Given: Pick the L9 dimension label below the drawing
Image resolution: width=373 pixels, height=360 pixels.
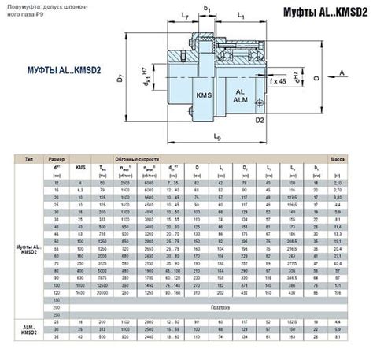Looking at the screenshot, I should coord(216,139).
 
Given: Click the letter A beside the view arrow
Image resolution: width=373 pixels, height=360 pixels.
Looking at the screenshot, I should coord(343,72).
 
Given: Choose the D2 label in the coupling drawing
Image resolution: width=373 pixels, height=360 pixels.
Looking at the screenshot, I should coord(259,120).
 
